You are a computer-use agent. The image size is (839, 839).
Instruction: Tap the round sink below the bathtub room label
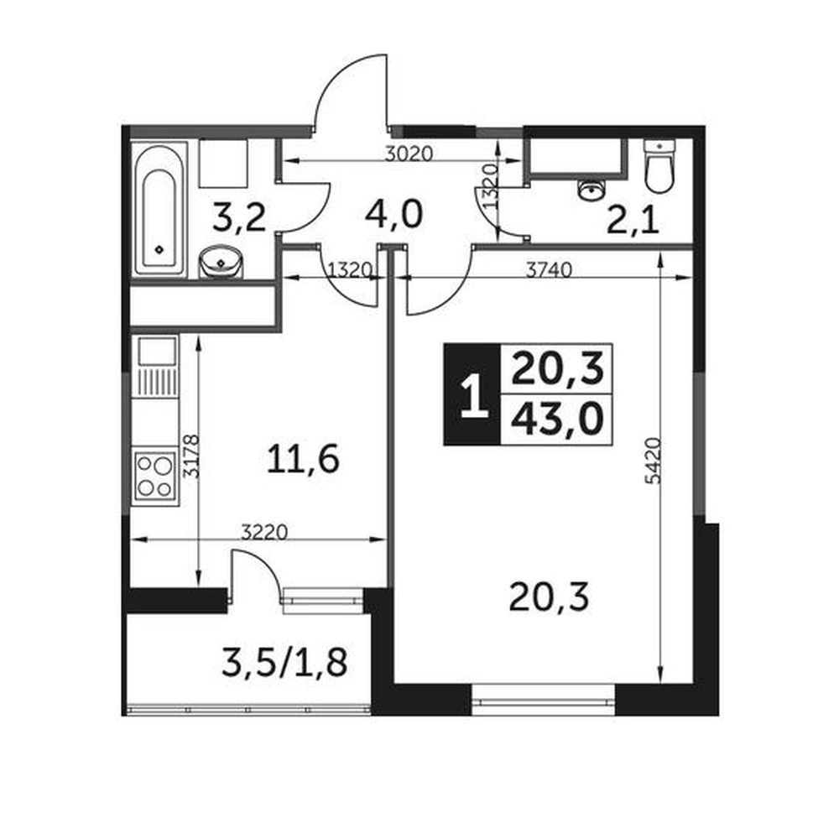[221, 262]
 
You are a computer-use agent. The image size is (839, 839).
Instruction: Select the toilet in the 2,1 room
[659, 166]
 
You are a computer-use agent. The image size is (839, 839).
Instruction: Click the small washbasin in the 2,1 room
[591, 189]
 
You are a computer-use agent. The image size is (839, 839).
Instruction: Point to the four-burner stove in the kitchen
[155, 476]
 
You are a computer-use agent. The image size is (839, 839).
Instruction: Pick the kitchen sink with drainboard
[157, 366]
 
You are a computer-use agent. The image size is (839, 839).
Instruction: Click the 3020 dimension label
[409, 154]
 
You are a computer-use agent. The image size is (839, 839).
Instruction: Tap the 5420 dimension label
[654, 461]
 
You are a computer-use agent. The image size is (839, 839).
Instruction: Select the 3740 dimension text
[549, 270]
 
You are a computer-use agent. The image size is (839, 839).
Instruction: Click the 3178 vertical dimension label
[191, 456]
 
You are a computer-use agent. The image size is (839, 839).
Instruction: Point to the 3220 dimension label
[264, 532]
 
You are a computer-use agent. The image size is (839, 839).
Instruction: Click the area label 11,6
[303, 460]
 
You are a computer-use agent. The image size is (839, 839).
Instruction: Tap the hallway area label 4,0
[393, 214]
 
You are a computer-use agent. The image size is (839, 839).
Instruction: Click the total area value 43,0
[557, 419]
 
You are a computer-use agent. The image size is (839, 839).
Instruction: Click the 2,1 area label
[633, 221]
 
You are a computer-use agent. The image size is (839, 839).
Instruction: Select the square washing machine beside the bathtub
[223, 164]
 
